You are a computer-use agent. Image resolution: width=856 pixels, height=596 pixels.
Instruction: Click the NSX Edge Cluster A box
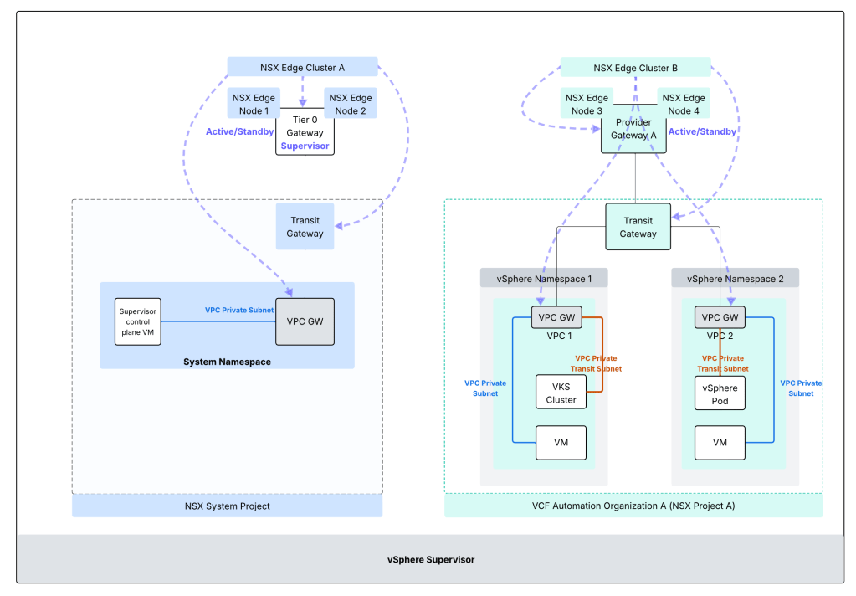click(x=302, y=67)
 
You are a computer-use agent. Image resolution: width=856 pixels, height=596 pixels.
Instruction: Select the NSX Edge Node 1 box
click(x=250, y=104)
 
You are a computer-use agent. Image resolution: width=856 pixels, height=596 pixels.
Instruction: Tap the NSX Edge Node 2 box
click(x=351, y=104)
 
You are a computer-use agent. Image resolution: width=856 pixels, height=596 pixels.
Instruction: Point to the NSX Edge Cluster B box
click(x=635, y=67)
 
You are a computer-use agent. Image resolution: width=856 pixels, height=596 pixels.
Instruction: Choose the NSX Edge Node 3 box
click(x=586, y=104)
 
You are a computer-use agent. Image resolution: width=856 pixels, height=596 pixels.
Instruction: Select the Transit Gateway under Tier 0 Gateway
click(x=305, y=227)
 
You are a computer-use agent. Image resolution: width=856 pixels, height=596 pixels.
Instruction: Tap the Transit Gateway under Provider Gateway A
click(x=638, y=227)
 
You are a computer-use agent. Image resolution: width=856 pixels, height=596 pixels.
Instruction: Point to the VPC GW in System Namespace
click(x=305, y=321)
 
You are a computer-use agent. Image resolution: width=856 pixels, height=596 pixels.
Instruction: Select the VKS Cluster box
click(x=561, y=392)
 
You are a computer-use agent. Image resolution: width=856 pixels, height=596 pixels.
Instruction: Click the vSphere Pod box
click(x=720, y=393)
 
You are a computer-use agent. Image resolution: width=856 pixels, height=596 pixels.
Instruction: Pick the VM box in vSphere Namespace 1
click(x=561, y=442)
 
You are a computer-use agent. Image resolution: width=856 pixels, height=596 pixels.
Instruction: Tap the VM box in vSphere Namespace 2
click(x=720, y=442)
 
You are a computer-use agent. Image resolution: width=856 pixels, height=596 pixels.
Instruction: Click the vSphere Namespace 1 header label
click(x=544, y=278)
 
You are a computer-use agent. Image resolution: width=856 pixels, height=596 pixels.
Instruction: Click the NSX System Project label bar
click(x=227, y=506)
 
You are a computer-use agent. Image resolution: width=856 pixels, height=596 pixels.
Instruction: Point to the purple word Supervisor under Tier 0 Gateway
click(x=305, y=146)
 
